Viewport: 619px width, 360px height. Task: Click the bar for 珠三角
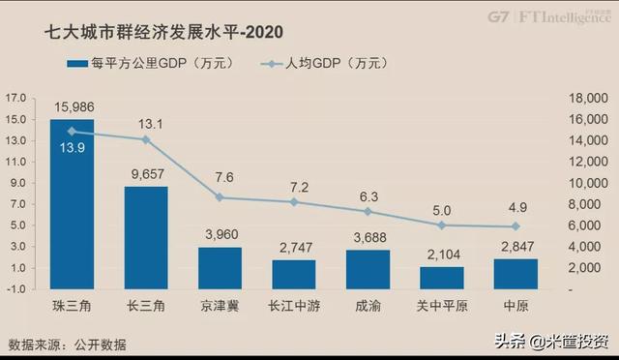72,204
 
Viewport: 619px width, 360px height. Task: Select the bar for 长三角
146,237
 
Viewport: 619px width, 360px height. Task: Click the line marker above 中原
516,226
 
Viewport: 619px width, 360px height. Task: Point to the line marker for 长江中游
294,201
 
